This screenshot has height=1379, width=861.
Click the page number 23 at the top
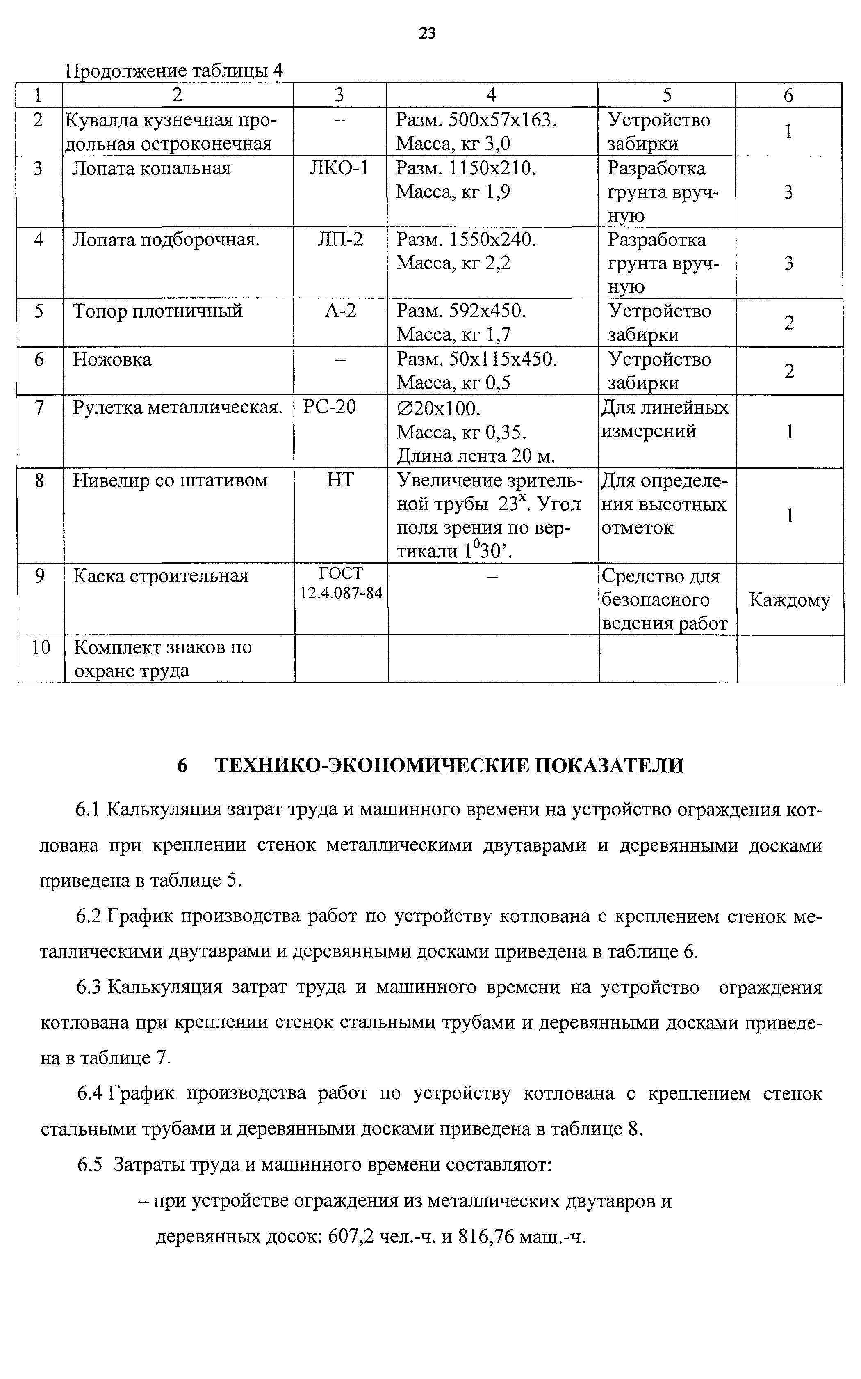point(427,34)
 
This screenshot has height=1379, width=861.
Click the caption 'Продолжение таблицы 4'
point(174,71)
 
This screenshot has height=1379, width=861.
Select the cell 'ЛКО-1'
point(339,169)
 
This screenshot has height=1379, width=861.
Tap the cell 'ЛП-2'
point(339,240)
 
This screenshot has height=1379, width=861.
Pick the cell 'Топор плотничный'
point(158,311)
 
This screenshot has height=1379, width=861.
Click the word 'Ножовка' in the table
point(112,360)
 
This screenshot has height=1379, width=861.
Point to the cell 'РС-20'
point(330,408)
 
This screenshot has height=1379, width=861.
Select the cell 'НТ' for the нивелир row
point(340,480)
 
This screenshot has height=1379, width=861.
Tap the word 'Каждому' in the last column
point(790,600)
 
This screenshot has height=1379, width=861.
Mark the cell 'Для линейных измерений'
point(665,419)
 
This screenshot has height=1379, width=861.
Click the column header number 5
point(667,95)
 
